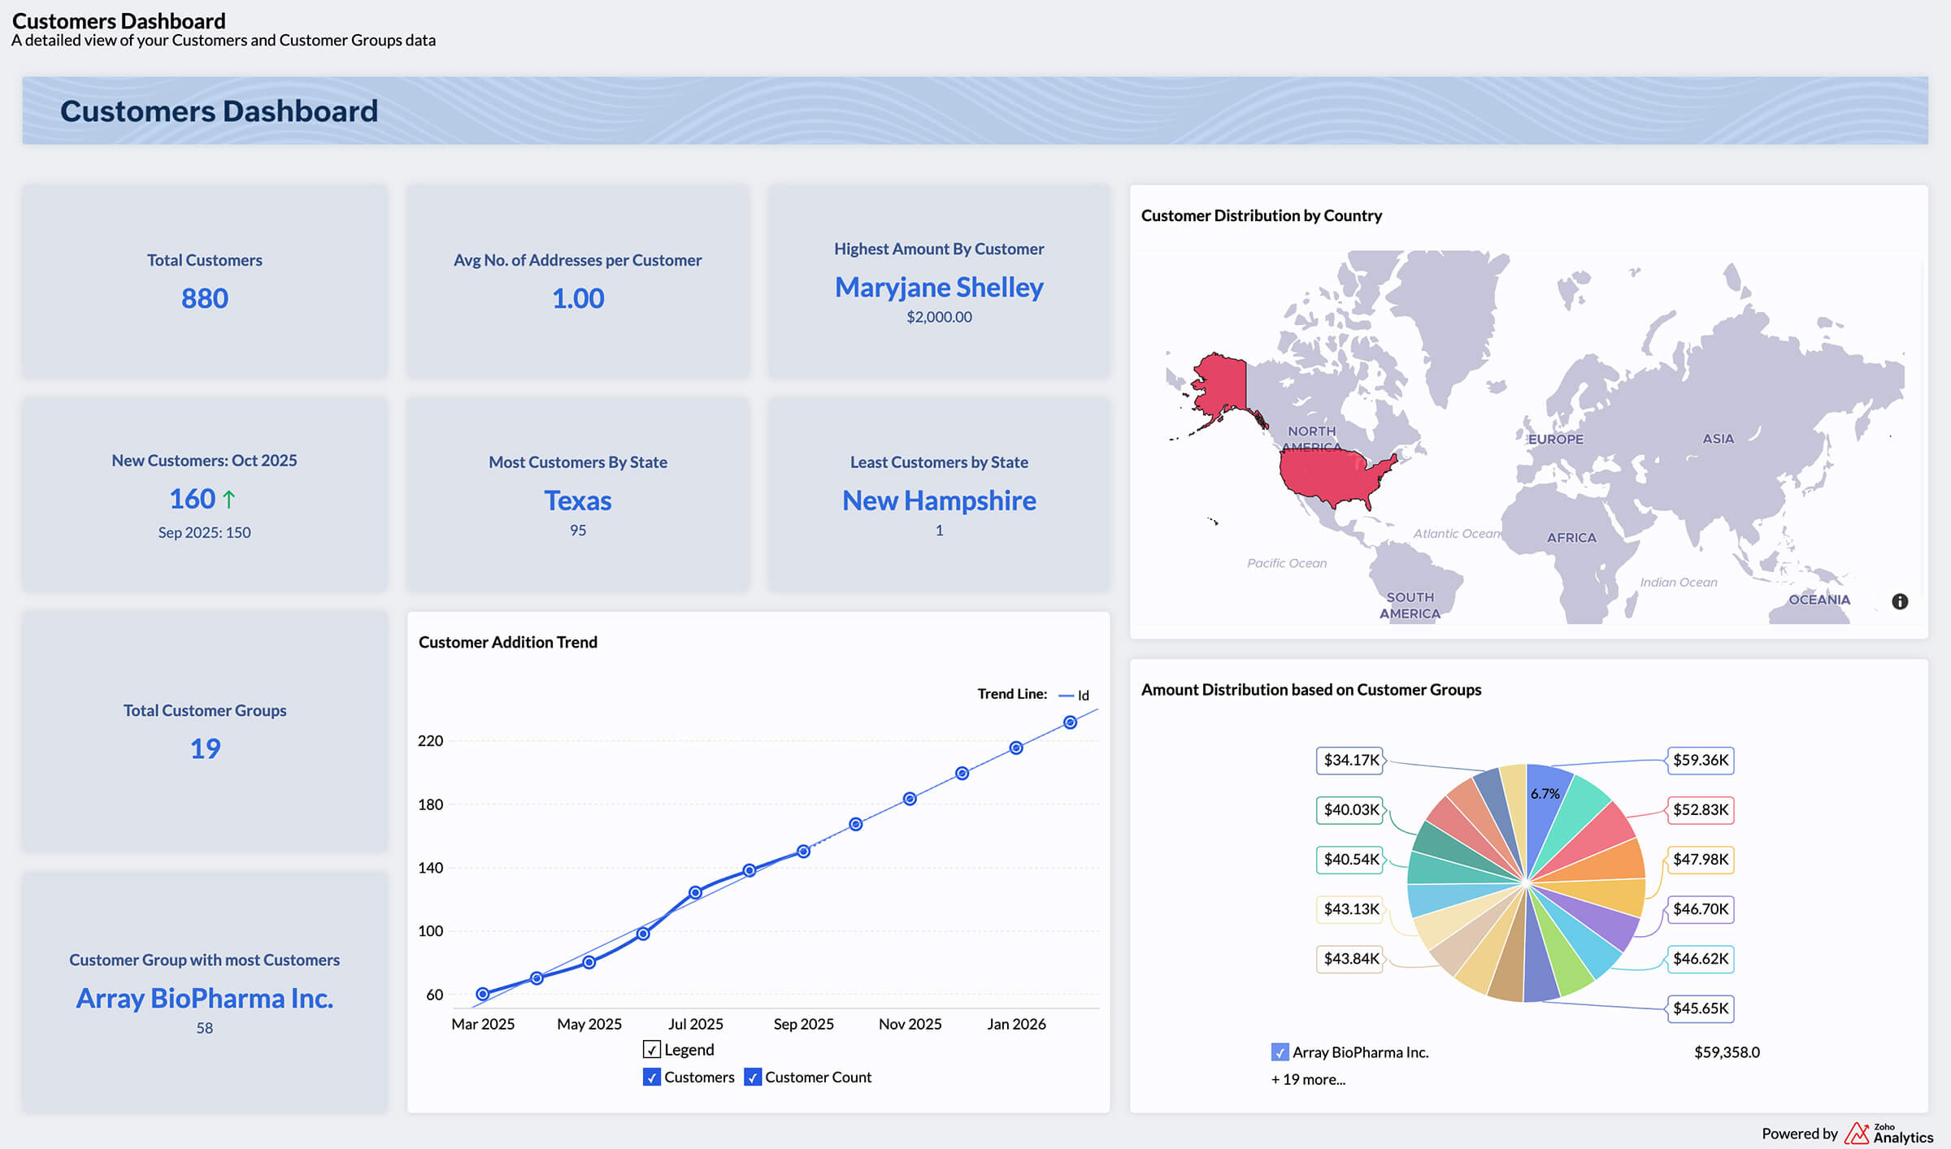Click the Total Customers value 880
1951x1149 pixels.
point(204,298)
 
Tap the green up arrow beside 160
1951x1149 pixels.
point(229,499)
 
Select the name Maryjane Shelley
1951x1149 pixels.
point(939,287)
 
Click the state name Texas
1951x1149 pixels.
point(577,501)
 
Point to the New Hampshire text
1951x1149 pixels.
point(939,501)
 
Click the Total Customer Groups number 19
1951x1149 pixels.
point(205,748)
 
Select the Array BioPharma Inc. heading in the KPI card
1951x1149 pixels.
point(204,998)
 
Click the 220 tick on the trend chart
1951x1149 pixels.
point(430,740)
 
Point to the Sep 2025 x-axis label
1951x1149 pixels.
point(803,1024)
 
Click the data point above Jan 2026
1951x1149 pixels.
point(1016,748)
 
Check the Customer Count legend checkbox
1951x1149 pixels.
point(753,1077)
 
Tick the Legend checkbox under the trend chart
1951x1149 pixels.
point(651,1049)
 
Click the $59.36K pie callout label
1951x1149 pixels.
point(1701,760)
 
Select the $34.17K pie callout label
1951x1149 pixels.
point(1350,760)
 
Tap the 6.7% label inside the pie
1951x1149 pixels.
point(1545,794)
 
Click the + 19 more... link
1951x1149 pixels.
point(1308,1079)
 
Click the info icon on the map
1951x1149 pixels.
point(1900,601)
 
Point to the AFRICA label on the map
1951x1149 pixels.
point(1571,537)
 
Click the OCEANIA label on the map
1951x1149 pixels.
point(1818,600)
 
